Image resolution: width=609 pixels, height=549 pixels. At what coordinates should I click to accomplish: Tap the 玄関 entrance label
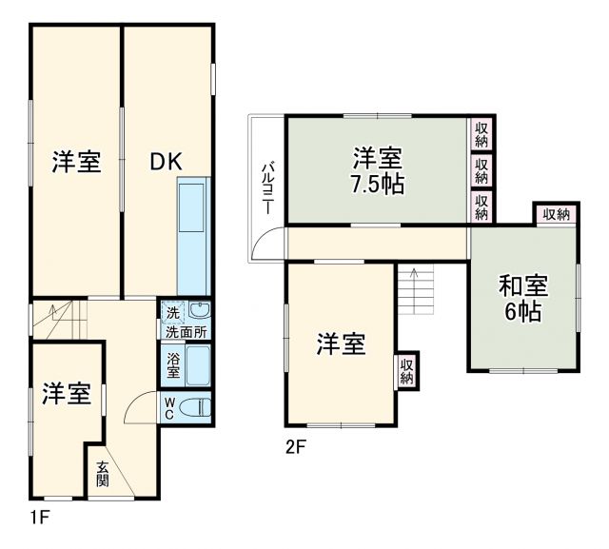pos(102,473)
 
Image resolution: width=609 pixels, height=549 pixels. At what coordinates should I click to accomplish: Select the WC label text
pos(168,408)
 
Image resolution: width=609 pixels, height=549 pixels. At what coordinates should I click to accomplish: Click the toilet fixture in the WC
pos(194,408)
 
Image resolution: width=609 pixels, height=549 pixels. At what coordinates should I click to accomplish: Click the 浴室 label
pos(171,363)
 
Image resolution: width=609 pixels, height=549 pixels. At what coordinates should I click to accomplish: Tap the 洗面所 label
pos(186,332)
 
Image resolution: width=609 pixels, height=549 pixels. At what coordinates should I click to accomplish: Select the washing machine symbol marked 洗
pos(171,312)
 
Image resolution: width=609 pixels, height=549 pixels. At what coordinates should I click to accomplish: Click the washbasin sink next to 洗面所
pos(198,311)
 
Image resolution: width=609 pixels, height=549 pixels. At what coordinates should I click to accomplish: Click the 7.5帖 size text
pos(378,182)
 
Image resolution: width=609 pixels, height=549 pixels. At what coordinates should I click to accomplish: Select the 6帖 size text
pos(523,312)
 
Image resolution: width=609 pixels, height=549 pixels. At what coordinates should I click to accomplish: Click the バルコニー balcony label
pos(268,186)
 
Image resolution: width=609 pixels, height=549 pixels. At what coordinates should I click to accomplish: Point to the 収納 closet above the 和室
pos(556,214)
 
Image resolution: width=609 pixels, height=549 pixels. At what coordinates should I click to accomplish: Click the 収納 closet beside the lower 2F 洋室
pos(406,370)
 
